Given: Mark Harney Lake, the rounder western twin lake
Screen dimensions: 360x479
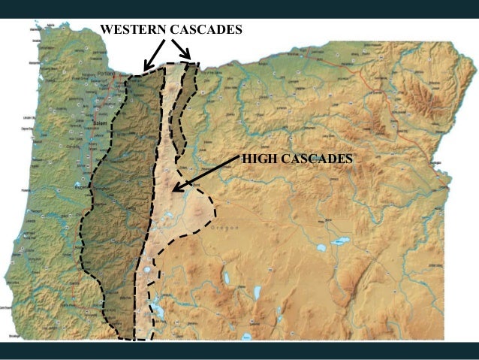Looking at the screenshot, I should pyautogui.click(x=321, y=247).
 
